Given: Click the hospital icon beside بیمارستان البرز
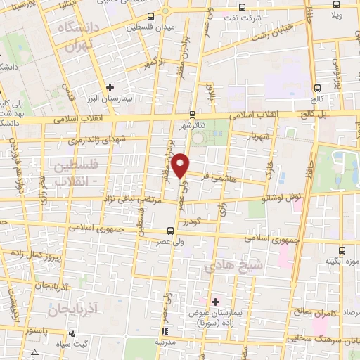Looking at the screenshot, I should (x=110, y=87).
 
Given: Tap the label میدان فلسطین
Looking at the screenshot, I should (x=150, y=28).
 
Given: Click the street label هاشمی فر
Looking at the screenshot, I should (x=224, y=179).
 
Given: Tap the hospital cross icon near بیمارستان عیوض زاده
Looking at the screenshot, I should (x=216, y=301).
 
